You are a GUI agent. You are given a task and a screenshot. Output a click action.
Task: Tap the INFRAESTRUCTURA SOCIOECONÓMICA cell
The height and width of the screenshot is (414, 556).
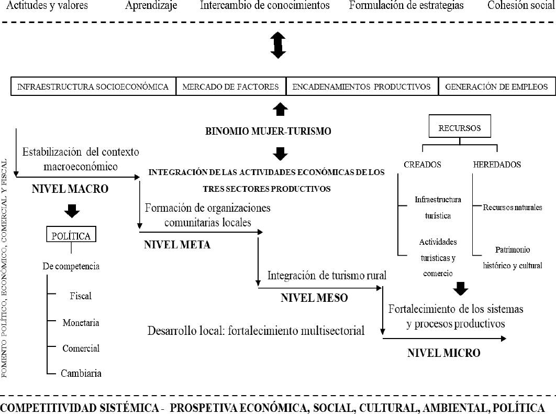click(93, 86)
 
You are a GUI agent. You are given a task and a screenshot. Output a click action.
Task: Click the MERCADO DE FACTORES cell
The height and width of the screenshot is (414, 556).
click(231, 86)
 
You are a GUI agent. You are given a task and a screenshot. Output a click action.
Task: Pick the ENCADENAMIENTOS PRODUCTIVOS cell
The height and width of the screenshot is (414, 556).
click(362, 86)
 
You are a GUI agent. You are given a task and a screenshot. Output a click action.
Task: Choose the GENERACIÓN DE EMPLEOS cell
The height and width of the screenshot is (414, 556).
click(496, 86)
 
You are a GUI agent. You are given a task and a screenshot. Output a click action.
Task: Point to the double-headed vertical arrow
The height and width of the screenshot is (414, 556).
click(278, 45)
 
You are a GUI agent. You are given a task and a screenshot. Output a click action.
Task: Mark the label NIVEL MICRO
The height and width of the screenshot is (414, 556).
click(443, 353)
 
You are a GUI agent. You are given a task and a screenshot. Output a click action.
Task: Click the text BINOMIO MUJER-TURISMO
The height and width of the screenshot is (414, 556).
click(268, 132)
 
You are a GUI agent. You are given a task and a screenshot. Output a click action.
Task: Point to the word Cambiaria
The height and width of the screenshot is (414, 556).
click(81, 373)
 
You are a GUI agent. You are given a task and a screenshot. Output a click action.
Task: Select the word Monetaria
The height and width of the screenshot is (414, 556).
click(81, 322)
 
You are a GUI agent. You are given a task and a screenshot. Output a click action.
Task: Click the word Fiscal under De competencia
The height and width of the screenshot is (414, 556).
click(81, 296)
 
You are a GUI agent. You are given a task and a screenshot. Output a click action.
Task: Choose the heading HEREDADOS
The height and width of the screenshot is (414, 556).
click(497, 165)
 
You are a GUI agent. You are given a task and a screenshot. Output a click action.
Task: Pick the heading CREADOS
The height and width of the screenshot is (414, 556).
click(422, 165)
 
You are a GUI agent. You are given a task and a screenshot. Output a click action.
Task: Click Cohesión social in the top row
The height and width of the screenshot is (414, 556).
click(520, 6)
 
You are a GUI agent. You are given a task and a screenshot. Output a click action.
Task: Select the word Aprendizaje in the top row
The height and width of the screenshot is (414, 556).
click(151, 6)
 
